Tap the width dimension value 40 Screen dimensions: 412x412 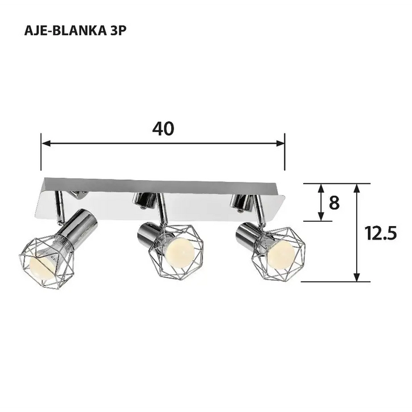point(163,129)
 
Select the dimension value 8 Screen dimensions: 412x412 point(334,203)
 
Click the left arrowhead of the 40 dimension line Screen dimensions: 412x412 point(45,143)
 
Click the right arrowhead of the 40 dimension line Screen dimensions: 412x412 point(281,143)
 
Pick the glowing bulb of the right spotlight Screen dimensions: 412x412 point(282,254)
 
